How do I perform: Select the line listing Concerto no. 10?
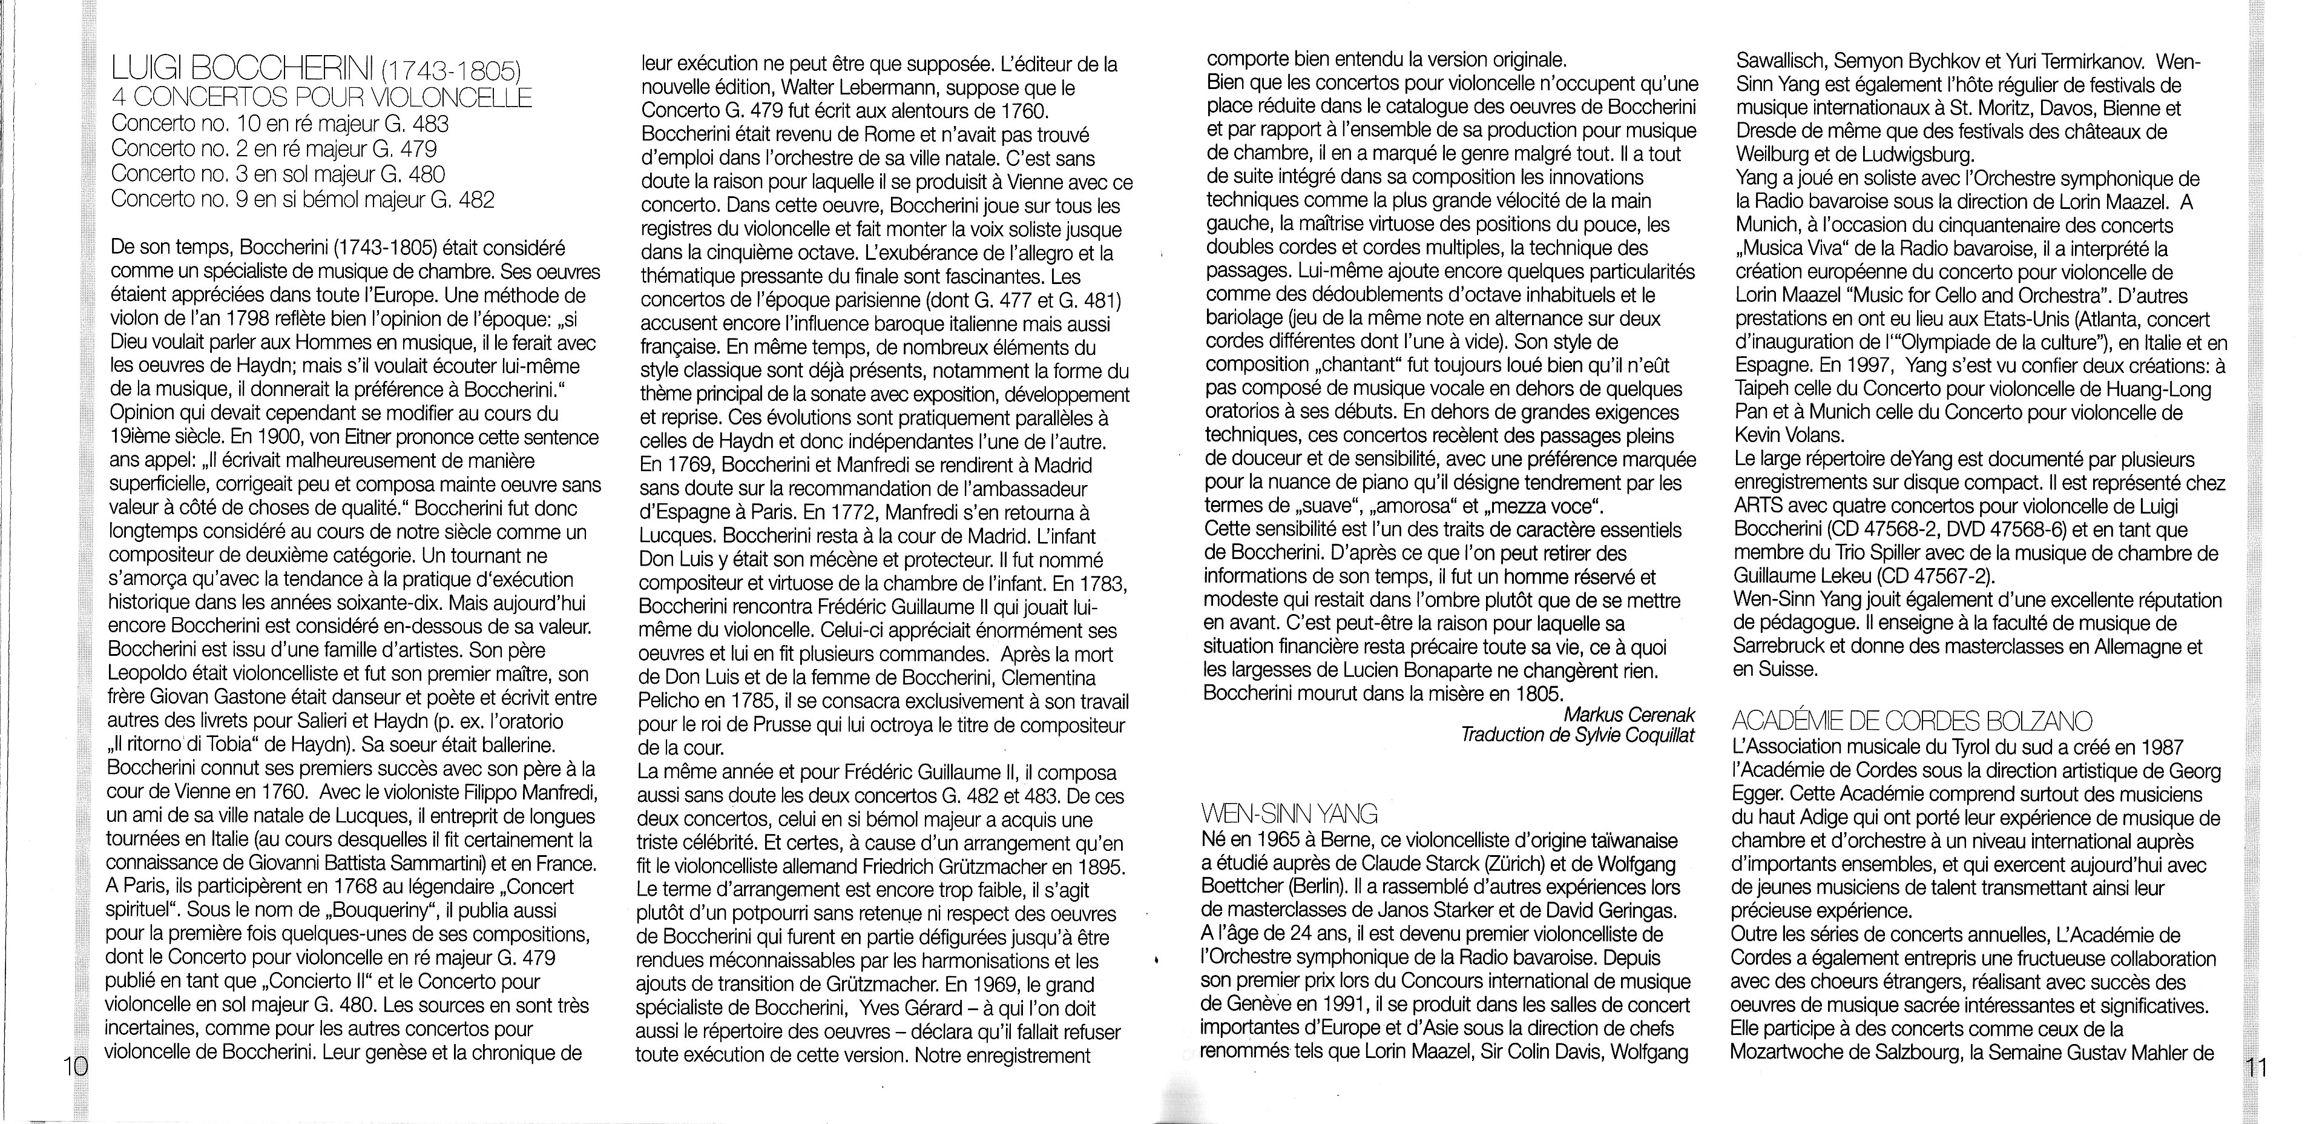(280, 124)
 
